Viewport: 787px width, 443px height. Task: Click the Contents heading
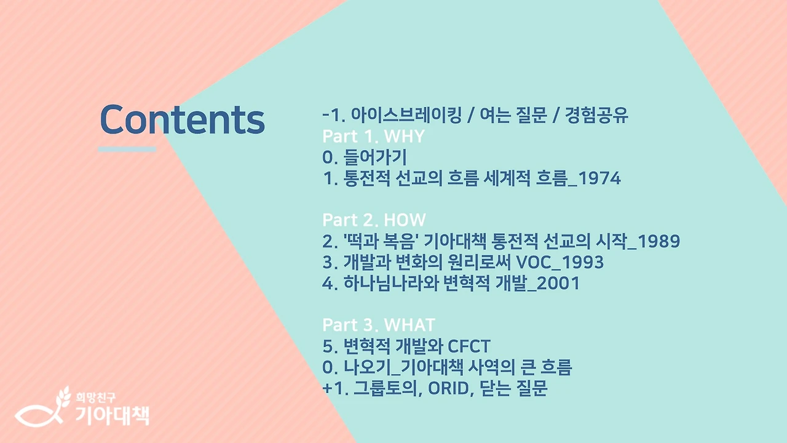click(x=182, y=119)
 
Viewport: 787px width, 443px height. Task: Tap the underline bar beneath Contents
click(x=127, y=149)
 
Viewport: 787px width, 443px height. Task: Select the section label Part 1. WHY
click(x=373, y=137)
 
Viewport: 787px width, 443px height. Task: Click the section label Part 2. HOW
click(x=374, y=220)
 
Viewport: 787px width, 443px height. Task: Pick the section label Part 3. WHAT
click(x=378, y=325)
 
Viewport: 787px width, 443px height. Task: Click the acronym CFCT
click(x=469, y=346)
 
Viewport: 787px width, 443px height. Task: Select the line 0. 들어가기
click(x=365, y=158)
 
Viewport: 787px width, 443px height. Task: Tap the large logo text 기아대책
click(x=111, y=414)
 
